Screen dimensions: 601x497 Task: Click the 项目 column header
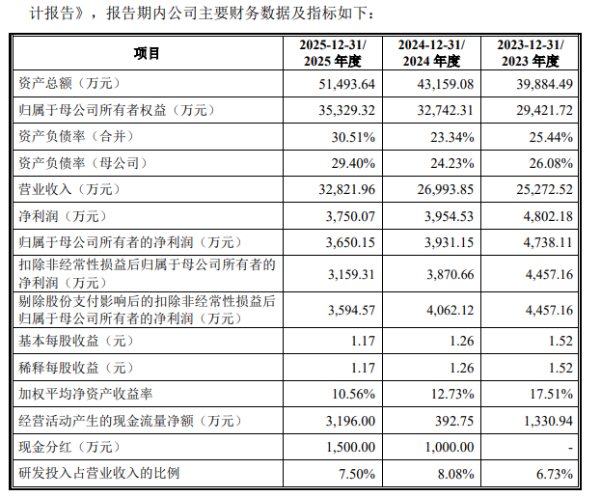[147, 53]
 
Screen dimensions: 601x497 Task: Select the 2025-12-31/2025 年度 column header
[333, 53]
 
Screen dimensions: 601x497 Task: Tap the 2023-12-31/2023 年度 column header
[531, 53]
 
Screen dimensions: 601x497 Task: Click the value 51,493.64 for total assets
[347, 84]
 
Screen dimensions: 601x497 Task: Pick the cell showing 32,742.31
[446, 110]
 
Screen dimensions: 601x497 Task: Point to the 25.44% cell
[551, 137]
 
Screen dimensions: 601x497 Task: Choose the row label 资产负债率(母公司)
[83, 163]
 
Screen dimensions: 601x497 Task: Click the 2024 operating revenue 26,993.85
[446, 189]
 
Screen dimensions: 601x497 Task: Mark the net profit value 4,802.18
[548, 216]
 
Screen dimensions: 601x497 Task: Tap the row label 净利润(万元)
[63, 216]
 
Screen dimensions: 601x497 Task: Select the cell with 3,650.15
[350, 242]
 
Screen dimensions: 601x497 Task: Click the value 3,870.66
[450, 275]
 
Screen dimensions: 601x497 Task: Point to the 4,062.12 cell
[450, 310]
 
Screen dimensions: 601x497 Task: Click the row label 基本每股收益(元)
[76, 341]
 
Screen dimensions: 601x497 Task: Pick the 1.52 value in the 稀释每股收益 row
[560, 368]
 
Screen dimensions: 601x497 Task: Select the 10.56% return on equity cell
[353, 394]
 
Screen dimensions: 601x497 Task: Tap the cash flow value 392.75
[454, 421]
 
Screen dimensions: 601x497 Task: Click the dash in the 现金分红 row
[571, 448]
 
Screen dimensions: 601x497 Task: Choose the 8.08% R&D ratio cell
[455, 474]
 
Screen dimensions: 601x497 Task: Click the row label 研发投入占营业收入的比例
[99, 473]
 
